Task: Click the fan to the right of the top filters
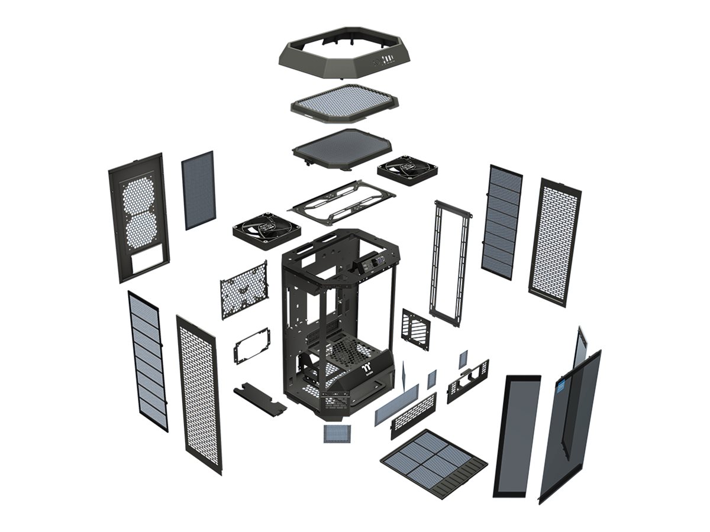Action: [408, 170]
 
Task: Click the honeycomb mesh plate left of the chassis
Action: [244, 290]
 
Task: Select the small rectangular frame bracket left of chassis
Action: [252, 345]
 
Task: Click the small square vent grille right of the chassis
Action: [416, 329]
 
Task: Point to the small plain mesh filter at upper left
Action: [198, 190]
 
